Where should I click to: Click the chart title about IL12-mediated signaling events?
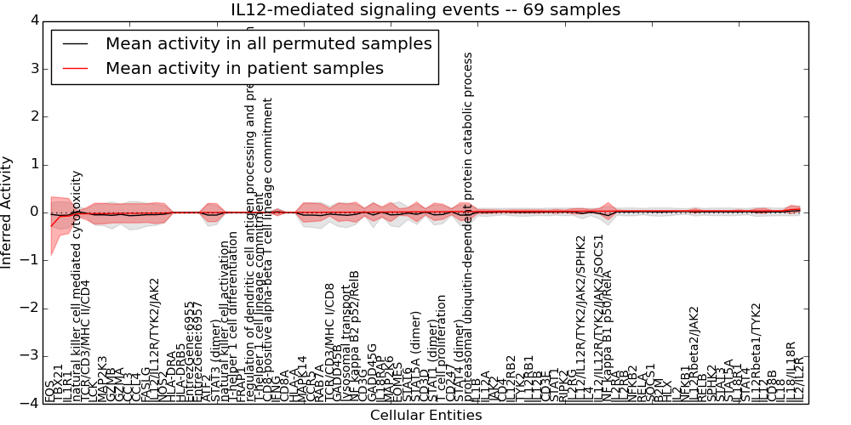click(x=425, y=9)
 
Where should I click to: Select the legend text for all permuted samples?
click(x=269, y=43)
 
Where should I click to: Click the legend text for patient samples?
click(x=244, y=68)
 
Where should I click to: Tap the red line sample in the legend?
click(x=73, y=69)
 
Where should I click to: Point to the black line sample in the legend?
click(x=73, y=44)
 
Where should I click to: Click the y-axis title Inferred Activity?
click(x=8, y=212)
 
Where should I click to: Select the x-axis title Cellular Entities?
click(x=425, y=415)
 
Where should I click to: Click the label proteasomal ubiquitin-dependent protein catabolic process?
click(x=467, y=226)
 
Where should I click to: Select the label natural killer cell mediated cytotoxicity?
click(x=77, y=286)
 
